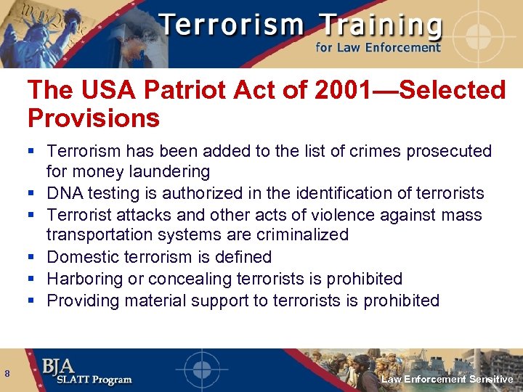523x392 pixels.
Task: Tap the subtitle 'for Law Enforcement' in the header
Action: (x=378, y=48)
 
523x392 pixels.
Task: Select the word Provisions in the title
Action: (x=93, y=117)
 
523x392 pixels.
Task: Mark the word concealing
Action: (x=184, y=279)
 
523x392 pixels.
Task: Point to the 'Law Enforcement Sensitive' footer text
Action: (x=447, y=380)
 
